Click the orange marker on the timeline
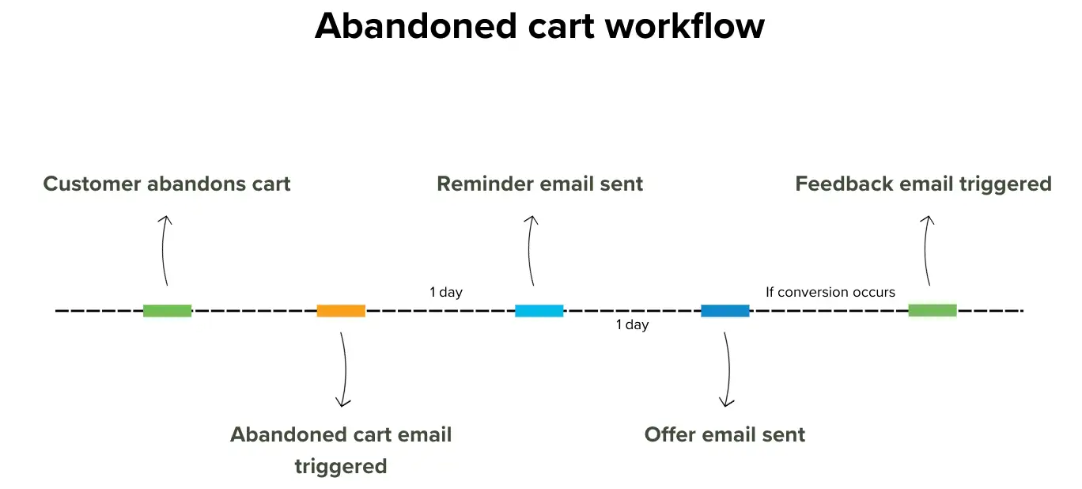click(x=341, y=311)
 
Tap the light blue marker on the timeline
click(x=539, y=311)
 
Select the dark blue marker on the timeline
click(x=724, y=311)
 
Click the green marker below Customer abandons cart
click(x=167, y=311)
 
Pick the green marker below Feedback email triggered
click(x=932, y=310)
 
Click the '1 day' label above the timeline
click(x=446, y=292)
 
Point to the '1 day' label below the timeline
click(x=632, y=325)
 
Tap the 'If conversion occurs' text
click(x=830, y=292)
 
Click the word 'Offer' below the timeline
click(x=671, y=434)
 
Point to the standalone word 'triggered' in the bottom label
click(x=341, y=466)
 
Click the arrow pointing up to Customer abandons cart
click(x=164, y=250)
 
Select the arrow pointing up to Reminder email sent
click(x=531, y=250)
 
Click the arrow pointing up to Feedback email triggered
click(x=927, y=250)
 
